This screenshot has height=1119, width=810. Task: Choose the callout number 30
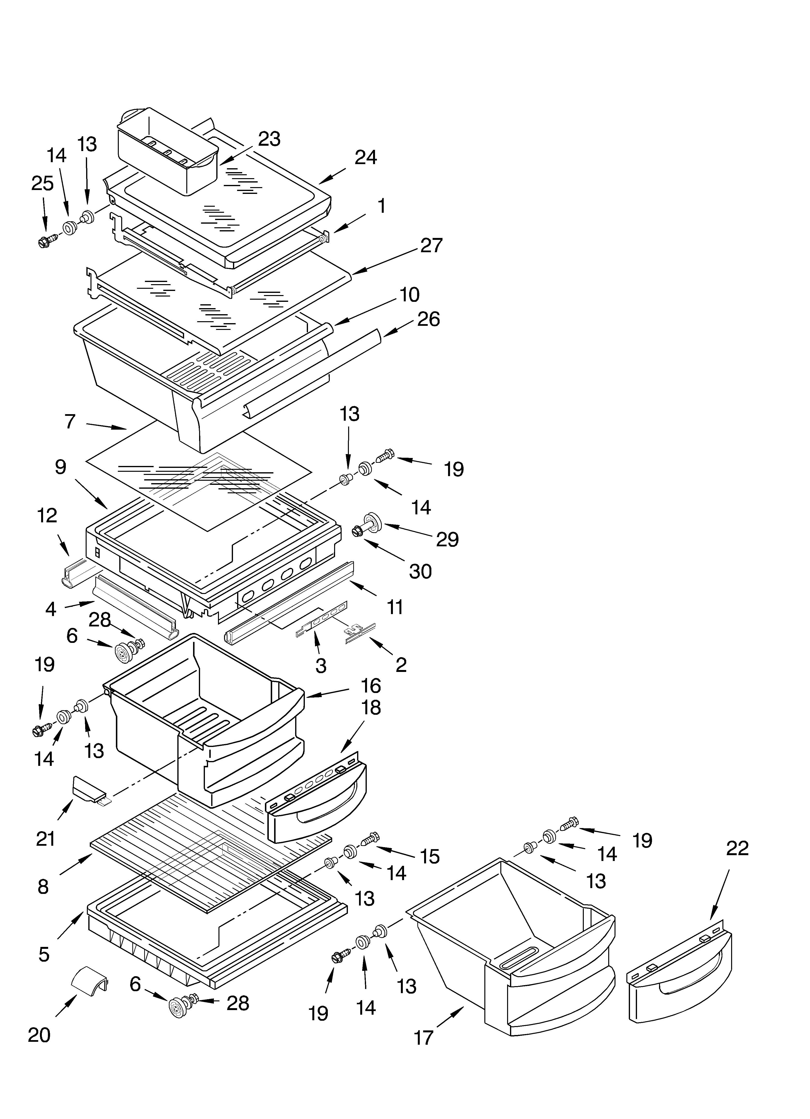[x=420, y=571]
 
